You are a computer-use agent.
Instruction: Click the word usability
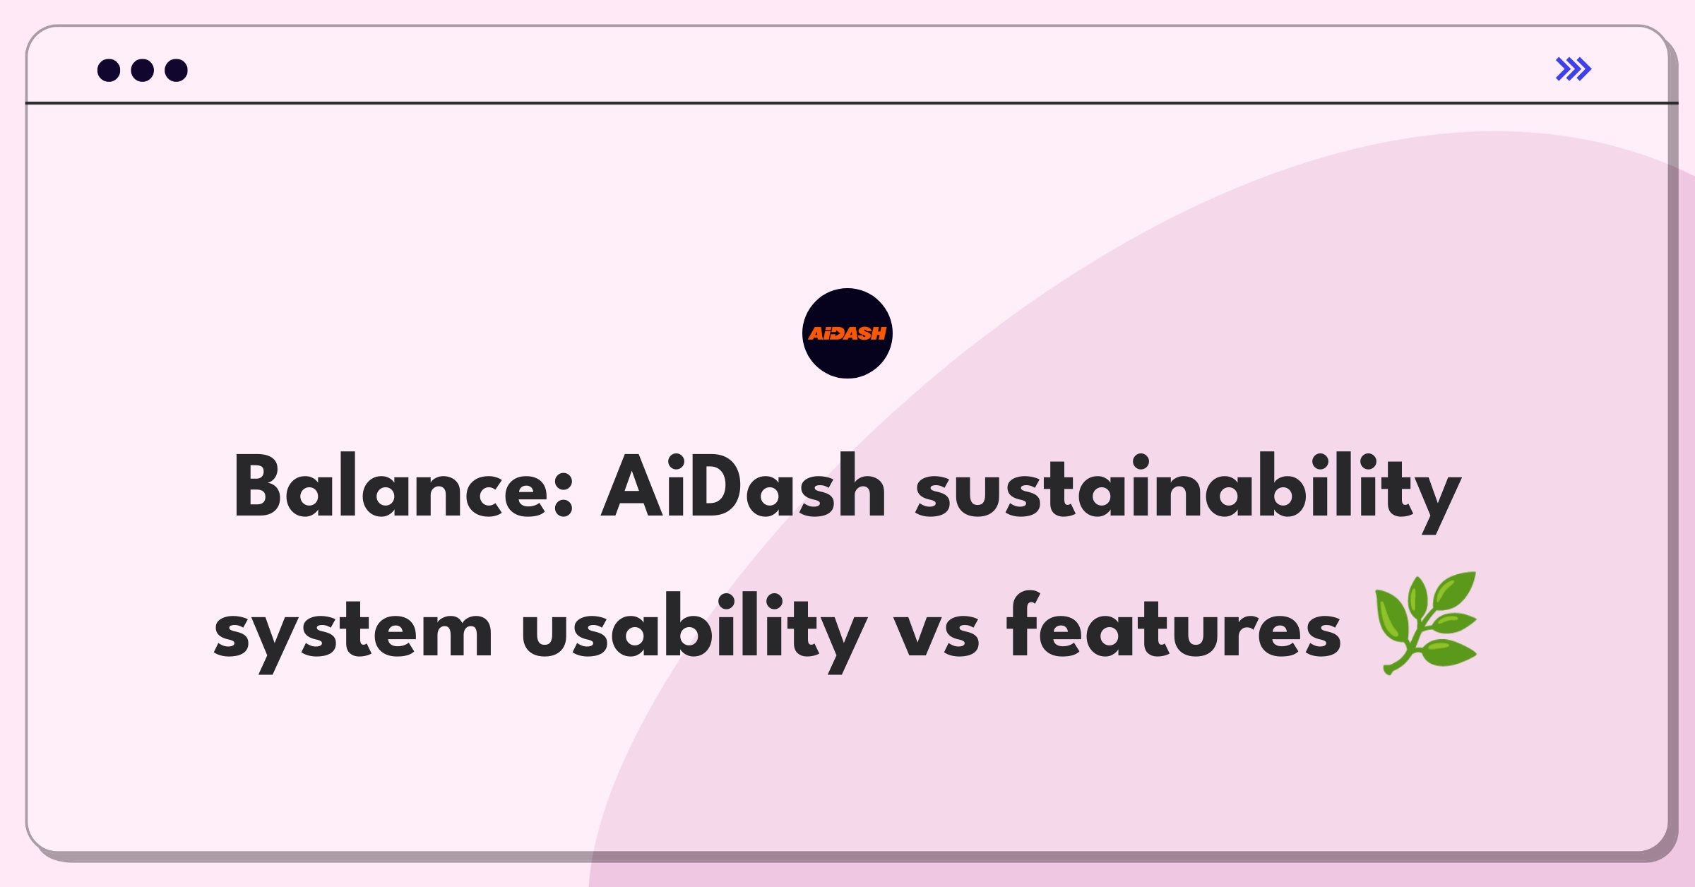click(x=694, y=631)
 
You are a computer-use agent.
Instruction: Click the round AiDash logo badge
click(x=847, y=333)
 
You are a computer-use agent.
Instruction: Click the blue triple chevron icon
click(x=1574, y=69)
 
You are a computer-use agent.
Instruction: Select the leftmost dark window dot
click(x=109, y=70)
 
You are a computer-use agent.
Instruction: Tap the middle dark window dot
click(x=143, y=70)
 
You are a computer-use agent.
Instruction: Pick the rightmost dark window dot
click(x=176, y=70)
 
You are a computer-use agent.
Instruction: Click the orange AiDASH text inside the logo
click(x=847, y=333)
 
